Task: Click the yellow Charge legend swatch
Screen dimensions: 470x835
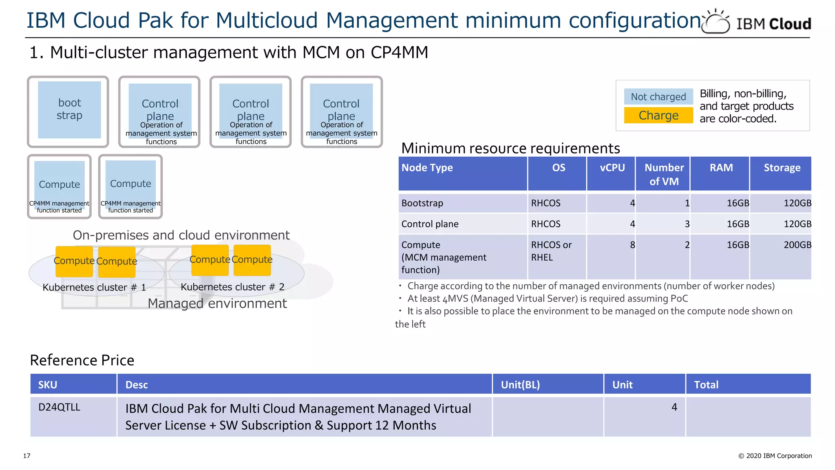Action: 658,115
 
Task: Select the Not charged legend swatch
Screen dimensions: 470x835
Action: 658,97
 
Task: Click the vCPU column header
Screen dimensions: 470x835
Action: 612,168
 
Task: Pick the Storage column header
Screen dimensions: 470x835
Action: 781,168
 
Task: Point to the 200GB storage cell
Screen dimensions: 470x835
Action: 797,245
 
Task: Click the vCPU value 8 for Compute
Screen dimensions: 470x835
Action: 632,245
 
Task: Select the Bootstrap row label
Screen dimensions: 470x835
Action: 422,203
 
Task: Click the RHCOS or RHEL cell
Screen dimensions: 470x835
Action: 551,251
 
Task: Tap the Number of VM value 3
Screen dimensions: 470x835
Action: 687,224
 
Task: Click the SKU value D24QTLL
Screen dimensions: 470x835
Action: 59,407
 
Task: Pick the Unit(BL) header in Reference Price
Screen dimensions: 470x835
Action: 520,385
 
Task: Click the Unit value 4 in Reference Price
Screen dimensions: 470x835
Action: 674,407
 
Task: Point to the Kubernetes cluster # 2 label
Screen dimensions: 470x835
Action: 232,287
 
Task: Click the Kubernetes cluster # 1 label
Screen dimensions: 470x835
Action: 94,288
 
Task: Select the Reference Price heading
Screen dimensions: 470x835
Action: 82,360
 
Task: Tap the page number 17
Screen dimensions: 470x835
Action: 27,456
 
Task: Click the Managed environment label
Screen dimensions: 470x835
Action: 217,304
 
